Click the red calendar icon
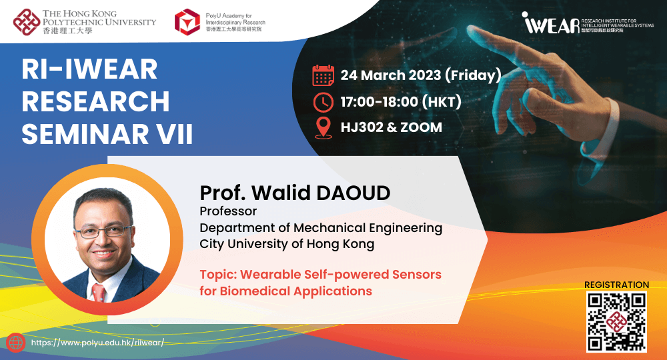[x=323, y=75]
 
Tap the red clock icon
[x=323, y=102]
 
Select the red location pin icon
[x=323, y=127]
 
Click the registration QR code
[x=616, y=322]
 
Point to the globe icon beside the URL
[x=16, y=343]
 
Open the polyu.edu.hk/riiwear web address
[x=97, y=343]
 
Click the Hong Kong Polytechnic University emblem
[x=27, y=22]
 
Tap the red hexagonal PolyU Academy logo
[x=187, y=22]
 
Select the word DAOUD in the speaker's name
[x=353, y=193]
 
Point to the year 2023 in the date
[x=424, y=75]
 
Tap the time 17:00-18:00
[x=380, y=102]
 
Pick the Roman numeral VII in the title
[x=174, y=134]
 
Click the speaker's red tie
[x=98, y=293]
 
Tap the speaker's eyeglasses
[x=103, y=231]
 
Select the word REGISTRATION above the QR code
[x=616, y=285]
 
